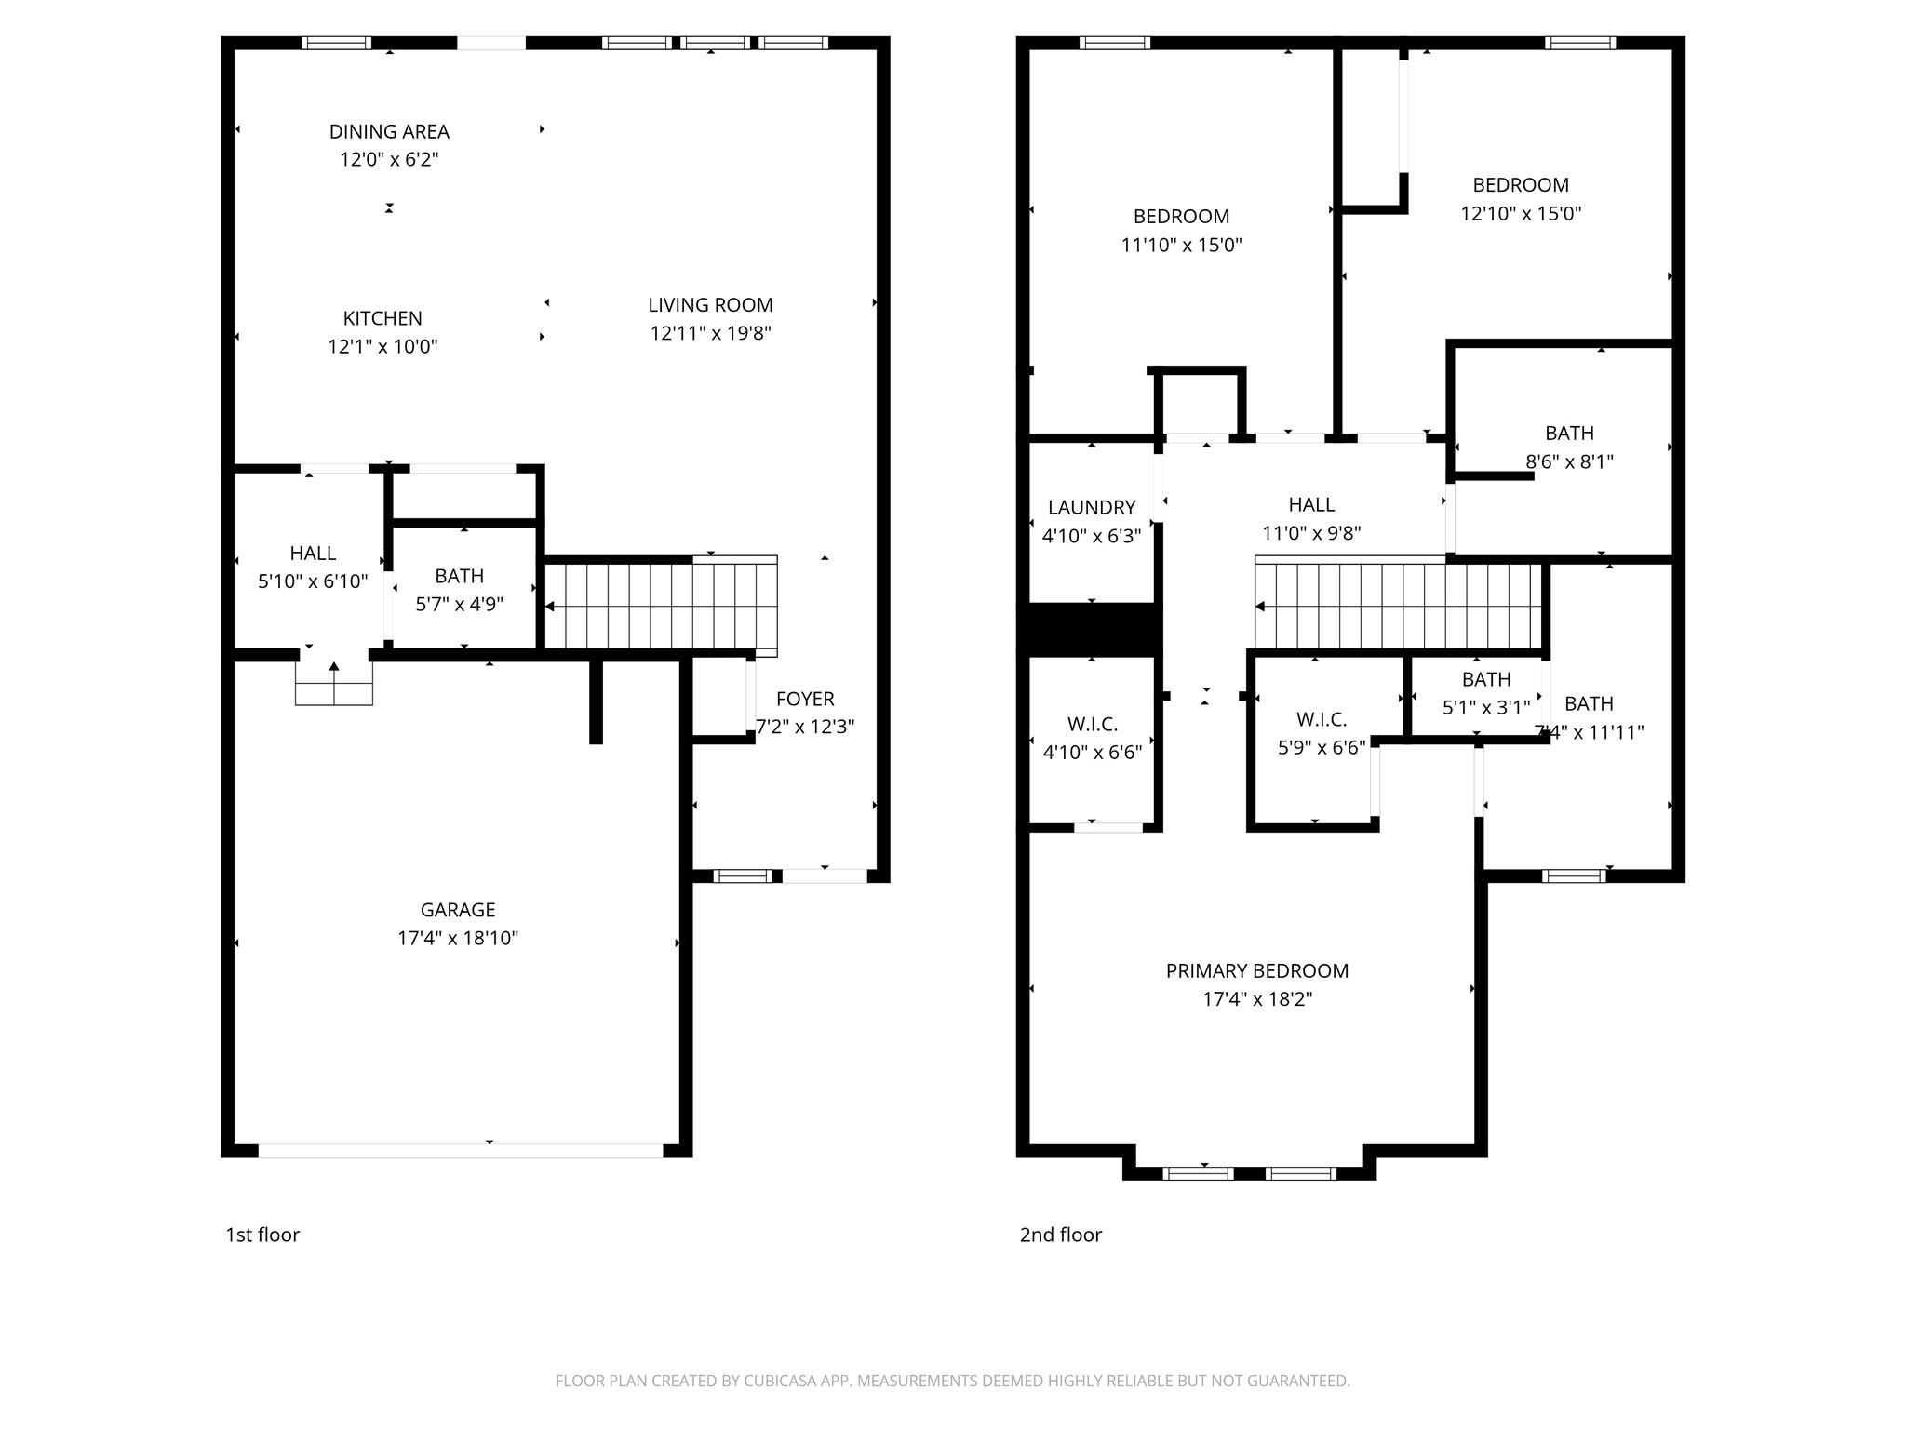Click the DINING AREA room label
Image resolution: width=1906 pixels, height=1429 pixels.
point(389,132)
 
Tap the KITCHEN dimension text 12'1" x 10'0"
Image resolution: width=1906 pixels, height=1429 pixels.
point(383,347)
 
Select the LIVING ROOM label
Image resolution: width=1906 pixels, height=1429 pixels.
point(710,305)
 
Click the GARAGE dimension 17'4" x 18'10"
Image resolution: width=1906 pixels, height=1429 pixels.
point(457,938)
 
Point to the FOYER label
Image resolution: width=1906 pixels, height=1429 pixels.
point(805,699)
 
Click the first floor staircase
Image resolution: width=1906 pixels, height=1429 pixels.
point(660,605)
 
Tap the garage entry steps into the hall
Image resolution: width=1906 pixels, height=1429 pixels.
point(334,682)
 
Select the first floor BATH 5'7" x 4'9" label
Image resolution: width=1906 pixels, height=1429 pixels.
point(459,576)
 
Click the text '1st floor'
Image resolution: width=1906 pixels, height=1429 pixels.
point(262,1235)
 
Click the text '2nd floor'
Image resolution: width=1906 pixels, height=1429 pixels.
point(1060,1235)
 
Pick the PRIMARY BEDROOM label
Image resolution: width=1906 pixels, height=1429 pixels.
point(1256,971)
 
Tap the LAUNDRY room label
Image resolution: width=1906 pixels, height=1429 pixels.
point(1092,508)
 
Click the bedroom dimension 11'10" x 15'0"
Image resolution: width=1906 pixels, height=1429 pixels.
point(1181,246)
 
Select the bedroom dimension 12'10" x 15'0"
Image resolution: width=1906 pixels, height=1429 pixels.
point(1521,213)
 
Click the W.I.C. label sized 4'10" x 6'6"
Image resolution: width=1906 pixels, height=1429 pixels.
point(1092,724)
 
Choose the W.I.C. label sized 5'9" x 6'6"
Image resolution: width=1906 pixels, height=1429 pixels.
point(1322,720)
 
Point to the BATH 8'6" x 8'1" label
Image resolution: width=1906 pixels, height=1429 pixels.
point(1569,434)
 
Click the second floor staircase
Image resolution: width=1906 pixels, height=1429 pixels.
point(1396,605)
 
